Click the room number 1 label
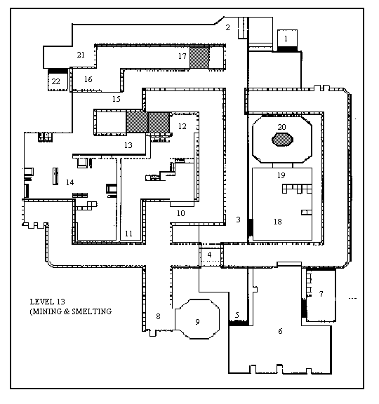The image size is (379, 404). (286, 39)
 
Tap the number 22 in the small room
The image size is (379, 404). (55, 81)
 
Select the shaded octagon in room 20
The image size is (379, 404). (282, 140)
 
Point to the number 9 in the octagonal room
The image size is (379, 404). (197, 322)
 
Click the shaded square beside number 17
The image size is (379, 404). (199, 58)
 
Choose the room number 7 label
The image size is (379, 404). (321, 294)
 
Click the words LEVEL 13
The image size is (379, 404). (48, 302)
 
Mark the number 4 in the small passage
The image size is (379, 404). (209, 255)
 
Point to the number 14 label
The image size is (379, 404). (70, 182)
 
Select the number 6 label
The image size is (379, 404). (280, 331)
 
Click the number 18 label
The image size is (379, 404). (278, 222)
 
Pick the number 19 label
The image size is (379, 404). (281, 175)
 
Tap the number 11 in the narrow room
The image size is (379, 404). (128, 234)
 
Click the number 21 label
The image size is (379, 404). (81, 55)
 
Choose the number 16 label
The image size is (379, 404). (88, 79)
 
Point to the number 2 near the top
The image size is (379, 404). (227, 27)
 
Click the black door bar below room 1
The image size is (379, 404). (287, 49)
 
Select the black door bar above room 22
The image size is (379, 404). (58, 71)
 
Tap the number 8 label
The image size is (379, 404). (158, 316)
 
